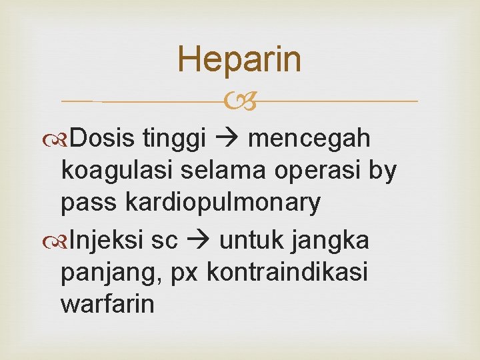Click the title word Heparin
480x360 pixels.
point(239,59)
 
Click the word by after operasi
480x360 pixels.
point(383,171)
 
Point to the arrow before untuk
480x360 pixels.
point(198,239)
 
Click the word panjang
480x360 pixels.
point(109,272)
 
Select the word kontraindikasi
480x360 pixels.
point(287,271)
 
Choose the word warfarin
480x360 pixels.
point(107,303)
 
